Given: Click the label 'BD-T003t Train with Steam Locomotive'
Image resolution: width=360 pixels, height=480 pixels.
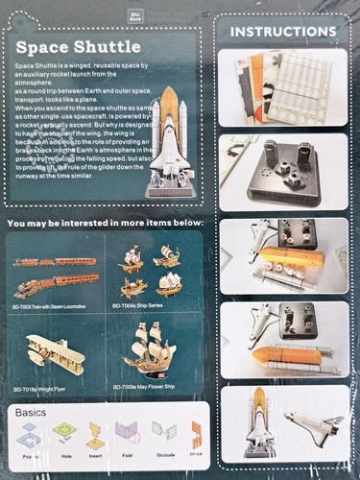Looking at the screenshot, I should pyautogui.click(x=52, y=306).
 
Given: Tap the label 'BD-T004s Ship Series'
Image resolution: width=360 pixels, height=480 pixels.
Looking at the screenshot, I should pyautogui.click(x=140, y=304).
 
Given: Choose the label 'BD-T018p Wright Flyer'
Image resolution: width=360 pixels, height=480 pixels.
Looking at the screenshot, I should pyautogui.click(x=45, y=389).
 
